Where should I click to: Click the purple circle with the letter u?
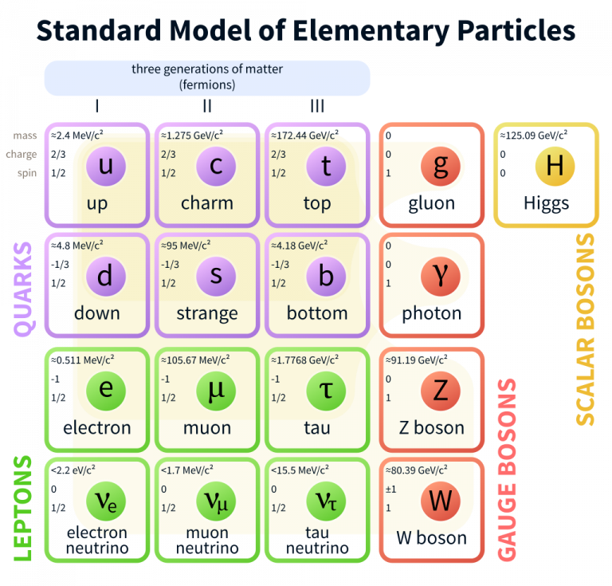(x=106, y=167)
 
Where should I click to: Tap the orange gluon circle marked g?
(x=440, y=167)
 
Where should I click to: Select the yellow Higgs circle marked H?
(x=555, y=167)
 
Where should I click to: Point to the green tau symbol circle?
(x=326, y=391)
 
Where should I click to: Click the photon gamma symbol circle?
(x=440, y=277)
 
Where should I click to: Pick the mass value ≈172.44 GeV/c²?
(x=305, y=135)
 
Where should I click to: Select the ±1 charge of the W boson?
(x=390, y=490)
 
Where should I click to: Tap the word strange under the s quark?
(x=207, y=313)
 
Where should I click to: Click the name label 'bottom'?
(x=317, y=313)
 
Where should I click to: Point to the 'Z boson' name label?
(x=431, y=428)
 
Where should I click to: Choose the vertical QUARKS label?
(x=23, y=289)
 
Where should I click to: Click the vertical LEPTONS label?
(x=23, y=509)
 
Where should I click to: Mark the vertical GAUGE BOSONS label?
(x=507, y=470)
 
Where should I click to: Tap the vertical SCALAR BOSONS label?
(x=585, y=329)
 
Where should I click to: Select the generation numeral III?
(x=317, y=106)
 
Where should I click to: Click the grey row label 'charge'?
(x=21, y=155)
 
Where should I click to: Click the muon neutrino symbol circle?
(x=216, y=501)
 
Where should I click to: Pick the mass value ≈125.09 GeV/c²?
(x=534, y=135)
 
